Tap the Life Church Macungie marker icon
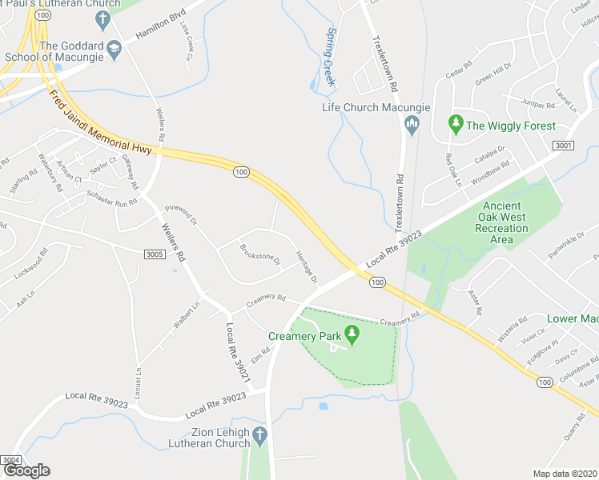(x=412, y=122)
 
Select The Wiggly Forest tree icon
(x=456, y=124)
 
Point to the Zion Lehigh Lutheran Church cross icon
(x=259, y=437)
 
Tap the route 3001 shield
(x=563, y=145)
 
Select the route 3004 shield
(x=11, y=460)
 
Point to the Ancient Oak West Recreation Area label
(x=501, y=222)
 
